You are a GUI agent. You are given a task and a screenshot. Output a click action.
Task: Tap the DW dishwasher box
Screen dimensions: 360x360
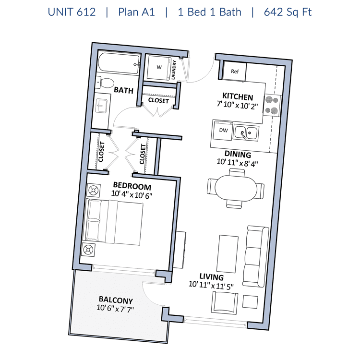(x=223, y=131)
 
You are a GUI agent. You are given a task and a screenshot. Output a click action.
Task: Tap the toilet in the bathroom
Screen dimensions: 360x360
(x=106, y=82)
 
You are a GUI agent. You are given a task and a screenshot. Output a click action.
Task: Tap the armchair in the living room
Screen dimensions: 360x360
(x=225, y=302)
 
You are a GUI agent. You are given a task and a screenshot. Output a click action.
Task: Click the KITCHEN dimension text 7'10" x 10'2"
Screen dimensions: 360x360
(x=237, y=105)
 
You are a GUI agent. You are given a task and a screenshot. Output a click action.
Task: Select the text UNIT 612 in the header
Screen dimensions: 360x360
(x=72, y=12)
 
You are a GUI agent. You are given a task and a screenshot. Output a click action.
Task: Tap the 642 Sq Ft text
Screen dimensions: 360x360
(x=288, y=12)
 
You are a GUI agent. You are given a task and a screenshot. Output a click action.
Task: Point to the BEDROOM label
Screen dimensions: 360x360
(x=132, y=186)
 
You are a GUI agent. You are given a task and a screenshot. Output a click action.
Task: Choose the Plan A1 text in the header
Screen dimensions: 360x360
(x=136, y=12)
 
